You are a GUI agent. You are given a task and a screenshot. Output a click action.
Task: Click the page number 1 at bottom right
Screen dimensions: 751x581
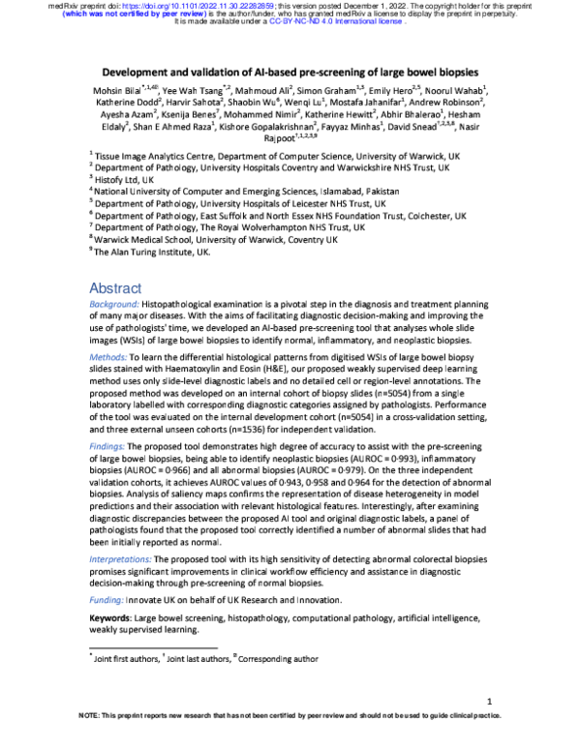pos(492,701)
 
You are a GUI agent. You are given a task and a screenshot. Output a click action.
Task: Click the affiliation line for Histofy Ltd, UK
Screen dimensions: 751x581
pos(124,179)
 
